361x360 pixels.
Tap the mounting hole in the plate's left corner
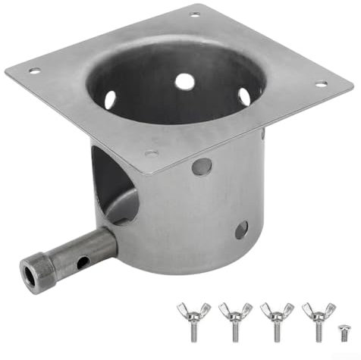[34, 71]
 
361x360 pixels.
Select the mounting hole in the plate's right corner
[321, 83]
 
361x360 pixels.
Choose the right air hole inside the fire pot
[244, 96]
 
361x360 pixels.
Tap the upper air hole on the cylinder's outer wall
[201, 166]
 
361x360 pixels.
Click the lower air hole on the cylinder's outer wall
[241, 230]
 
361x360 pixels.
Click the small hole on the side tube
[83, 261]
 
